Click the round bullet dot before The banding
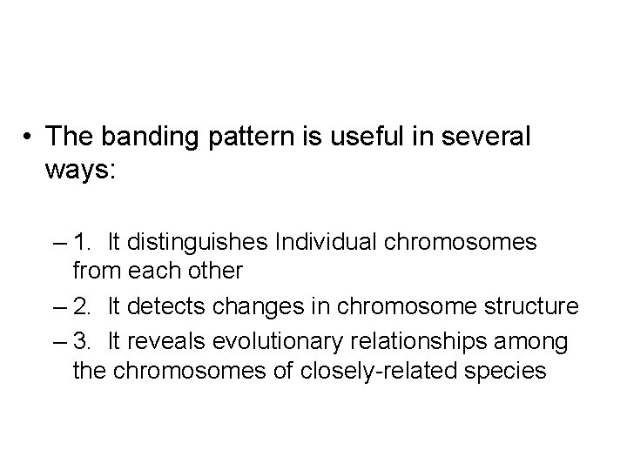click(x=30, y=138)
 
